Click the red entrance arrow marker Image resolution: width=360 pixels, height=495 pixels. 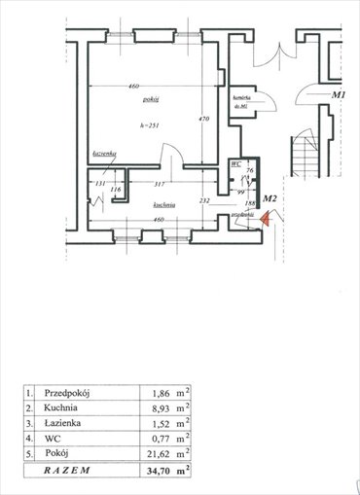click(264, 220)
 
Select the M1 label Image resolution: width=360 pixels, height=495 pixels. click(339, 95)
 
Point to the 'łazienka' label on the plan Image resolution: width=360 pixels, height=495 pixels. click(105, 156)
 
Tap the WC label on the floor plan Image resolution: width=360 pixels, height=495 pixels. click(236, 165)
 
